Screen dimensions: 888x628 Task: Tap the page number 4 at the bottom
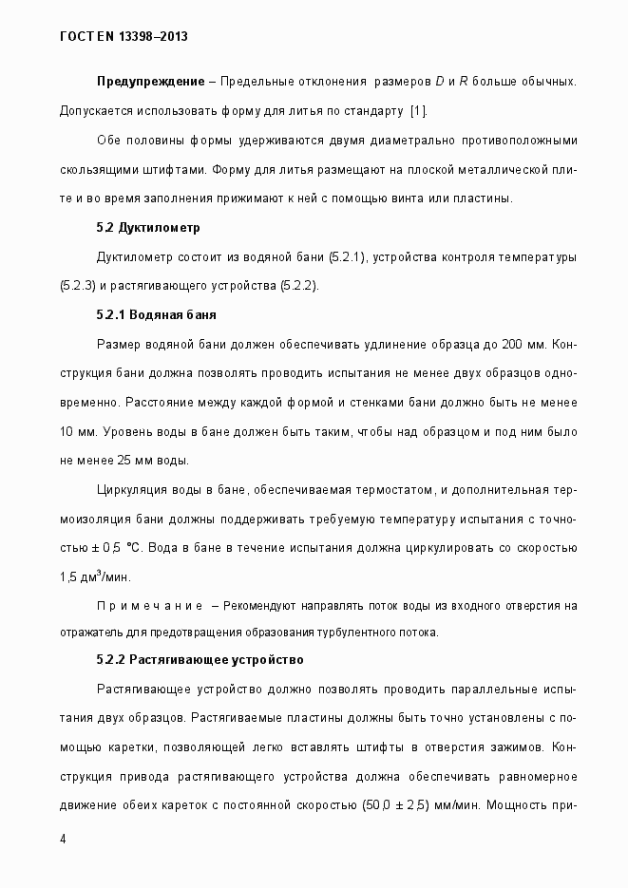62,840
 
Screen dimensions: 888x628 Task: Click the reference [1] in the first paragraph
417,112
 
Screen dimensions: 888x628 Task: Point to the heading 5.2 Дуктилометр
147,228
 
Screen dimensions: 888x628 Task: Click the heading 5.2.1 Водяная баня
160,314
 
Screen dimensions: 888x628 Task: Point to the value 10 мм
76,432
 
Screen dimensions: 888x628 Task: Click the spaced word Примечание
150,606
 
